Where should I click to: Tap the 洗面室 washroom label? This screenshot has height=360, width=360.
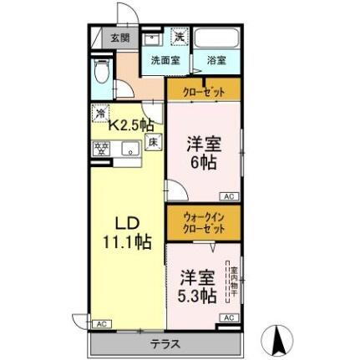tap(165, 61)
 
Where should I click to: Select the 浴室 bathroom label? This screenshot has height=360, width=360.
tap(216, 61)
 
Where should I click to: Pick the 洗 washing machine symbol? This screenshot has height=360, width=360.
tap(179, 36)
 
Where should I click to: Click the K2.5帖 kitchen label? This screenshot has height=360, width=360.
tap(130, 124)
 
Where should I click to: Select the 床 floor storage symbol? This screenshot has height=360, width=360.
tap(155, 143)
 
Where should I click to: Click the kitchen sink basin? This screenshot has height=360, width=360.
tap(129, 151)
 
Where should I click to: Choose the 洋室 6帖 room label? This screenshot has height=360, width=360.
tap(204, 152)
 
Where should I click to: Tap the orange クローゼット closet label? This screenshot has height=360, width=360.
tap(203, 92)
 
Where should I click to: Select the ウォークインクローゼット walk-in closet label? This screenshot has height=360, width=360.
tap(203, 222)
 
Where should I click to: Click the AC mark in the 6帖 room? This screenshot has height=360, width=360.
tap(228, 195)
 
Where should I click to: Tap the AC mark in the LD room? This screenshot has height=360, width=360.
tap(101, 323)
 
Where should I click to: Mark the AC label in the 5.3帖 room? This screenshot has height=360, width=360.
tap(228, 317)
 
